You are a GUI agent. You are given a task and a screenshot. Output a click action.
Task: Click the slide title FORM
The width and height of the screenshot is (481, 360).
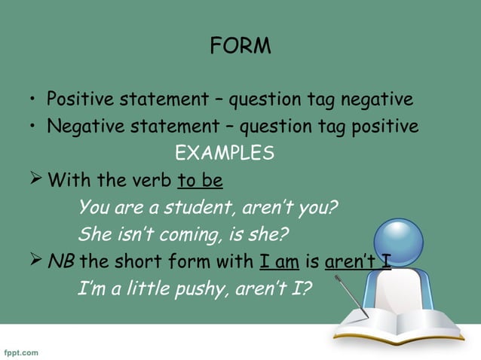(x=240, y=47)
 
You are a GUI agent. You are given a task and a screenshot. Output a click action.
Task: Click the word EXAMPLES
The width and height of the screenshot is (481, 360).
(x=225, y=154)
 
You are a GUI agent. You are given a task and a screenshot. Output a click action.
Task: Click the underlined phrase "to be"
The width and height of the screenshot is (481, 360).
(x=200, y=181)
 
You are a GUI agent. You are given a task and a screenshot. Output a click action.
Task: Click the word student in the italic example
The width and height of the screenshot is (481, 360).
(x=197, y=207)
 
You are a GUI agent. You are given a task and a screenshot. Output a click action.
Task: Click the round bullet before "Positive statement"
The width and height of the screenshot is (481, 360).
(x=33, y=100)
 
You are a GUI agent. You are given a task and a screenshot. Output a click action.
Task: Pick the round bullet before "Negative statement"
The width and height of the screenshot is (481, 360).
(x=33, y=127)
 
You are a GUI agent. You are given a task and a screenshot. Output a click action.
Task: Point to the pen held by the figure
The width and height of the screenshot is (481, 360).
(x=351, y=296)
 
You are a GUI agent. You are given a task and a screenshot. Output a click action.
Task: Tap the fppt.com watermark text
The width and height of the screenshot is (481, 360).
(x=21, y=352)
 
